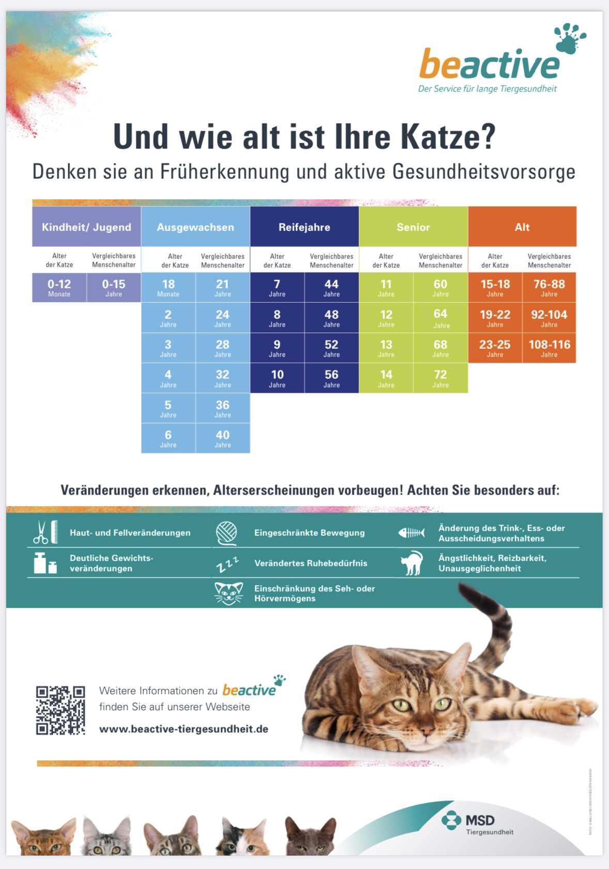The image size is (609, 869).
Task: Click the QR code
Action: [60, 710]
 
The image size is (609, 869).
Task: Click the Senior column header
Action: [413, 227]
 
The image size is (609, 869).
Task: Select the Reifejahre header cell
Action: [304, 227]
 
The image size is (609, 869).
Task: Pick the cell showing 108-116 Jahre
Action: [549, 348]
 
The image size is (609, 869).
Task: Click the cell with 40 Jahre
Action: [223, 439]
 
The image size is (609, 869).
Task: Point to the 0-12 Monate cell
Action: [59, 288]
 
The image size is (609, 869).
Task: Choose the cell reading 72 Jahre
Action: [441, 378]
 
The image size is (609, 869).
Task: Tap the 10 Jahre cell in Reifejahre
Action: [277, 378]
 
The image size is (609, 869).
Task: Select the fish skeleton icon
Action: [411, 533]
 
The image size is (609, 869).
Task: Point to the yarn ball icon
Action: [226, 533]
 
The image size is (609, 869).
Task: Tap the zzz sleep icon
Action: [227, 564]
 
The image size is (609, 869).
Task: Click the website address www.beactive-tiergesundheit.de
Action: [184, 729]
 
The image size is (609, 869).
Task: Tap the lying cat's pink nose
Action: [427, 730]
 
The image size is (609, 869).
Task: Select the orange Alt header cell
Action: [522, 227]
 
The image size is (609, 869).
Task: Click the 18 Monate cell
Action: [168, 288]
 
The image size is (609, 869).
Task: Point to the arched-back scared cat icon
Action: [412, 563]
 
